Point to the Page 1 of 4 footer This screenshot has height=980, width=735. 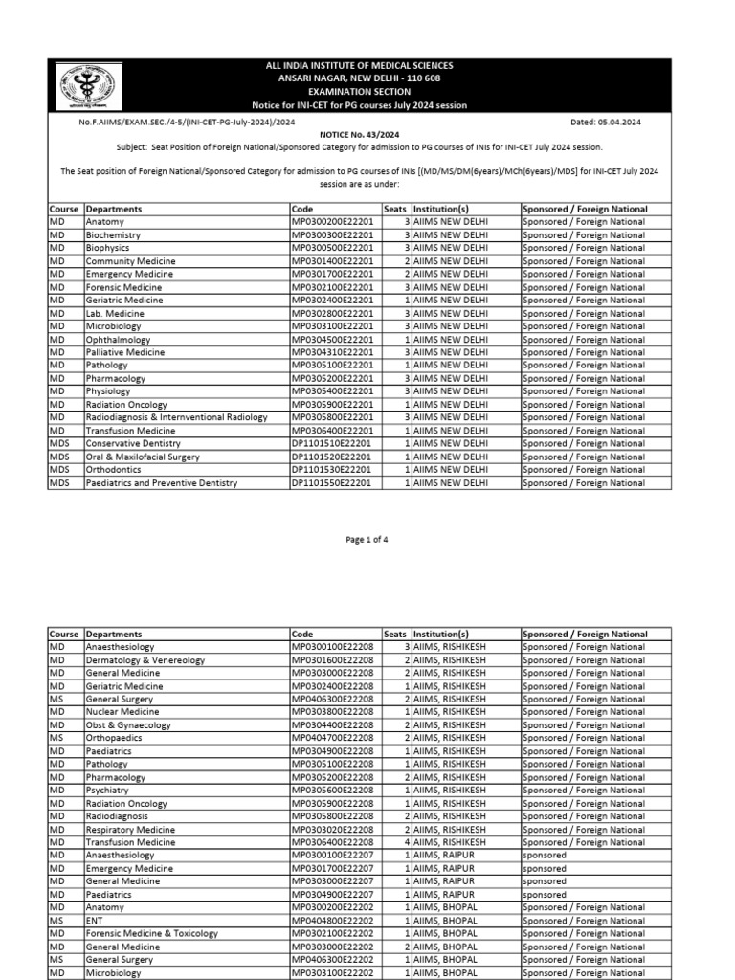pos(367,540)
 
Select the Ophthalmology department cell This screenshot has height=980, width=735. pos(121,340)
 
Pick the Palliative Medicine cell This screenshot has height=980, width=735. pos(125,352)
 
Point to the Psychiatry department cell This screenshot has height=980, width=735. pos(109,791)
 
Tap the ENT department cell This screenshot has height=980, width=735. pos(95,921)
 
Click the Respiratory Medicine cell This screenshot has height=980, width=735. pos(130,830)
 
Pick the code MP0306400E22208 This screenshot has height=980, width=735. pos(332,842)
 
